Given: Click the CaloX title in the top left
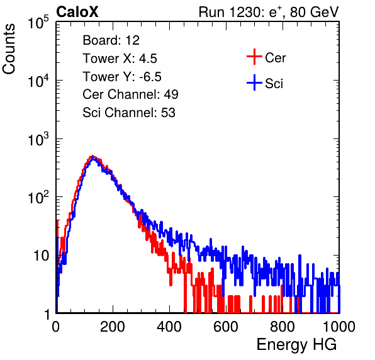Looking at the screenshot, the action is pyautogui.click(x=77, y=12).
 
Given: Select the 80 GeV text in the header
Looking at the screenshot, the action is pyautogui.click(x=314, y=12).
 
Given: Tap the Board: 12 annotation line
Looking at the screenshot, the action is pyautogui.click(x=111, y=40).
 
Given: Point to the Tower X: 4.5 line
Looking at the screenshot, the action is pyautogui.click(x=120, y=59).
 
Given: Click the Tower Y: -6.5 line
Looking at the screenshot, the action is pyautogui.click(x=122, y=77).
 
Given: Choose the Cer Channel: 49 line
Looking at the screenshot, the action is pyautogui.click(x=130, y=94).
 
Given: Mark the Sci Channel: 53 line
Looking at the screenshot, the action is pyautogui.click(x=129, y=113).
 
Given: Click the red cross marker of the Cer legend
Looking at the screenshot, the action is pyautogui.click(x=254, y=57).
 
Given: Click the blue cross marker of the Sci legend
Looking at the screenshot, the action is pyautogui.click(x=254, y=83).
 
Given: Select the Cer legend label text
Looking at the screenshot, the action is pyautogui.click(x=275, y=58).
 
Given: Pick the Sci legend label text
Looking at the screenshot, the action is pyautogui.click(x=274, y=84).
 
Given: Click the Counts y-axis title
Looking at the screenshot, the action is pyautogui.click(x=9, y=49).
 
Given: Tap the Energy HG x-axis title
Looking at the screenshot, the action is pyautogui.click(x=296, y=344).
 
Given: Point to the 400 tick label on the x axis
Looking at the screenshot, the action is pyautogui.click(x=169, y=327).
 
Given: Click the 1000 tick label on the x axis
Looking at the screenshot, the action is pyautogui.click(x=339, y=327).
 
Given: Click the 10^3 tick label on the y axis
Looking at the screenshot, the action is pyautogui.click(x=38, y=139).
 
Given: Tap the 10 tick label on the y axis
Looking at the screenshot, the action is pyautogui.click(x=41, y=256).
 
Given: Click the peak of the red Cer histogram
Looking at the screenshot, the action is pyautogui.click(x=92, y=156).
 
